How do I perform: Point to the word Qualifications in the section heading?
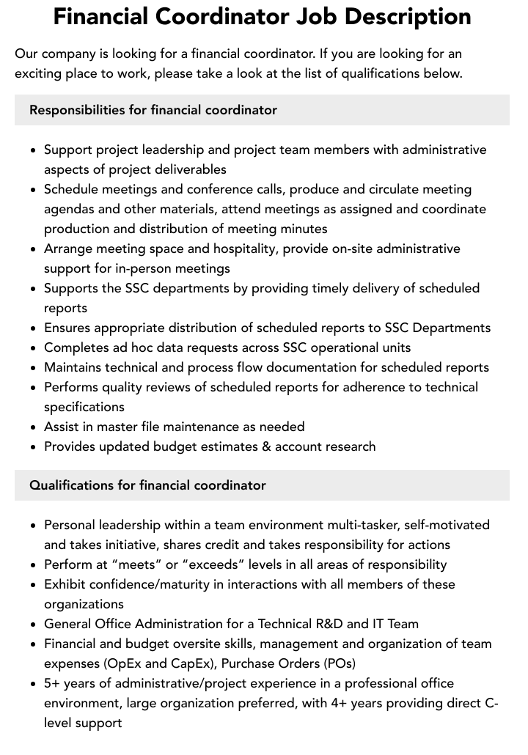point(71,485)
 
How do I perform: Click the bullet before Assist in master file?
point(33,427)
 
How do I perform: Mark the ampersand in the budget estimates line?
point(265,446)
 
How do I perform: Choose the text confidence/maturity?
point(150,584)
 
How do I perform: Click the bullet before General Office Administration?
point(33,624)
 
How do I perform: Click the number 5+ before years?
point(53,683)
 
